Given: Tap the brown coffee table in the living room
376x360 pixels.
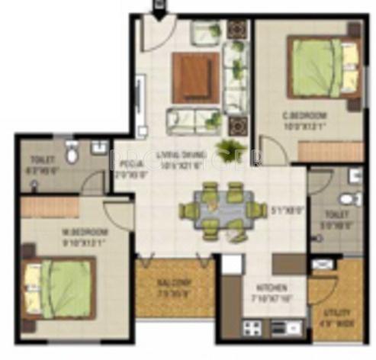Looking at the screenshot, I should pos(195,77).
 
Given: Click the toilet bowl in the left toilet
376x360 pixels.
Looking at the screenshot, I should pos(71,156).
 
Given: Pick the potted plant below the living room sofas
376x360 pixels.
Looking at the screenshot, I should pos(230,146).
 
